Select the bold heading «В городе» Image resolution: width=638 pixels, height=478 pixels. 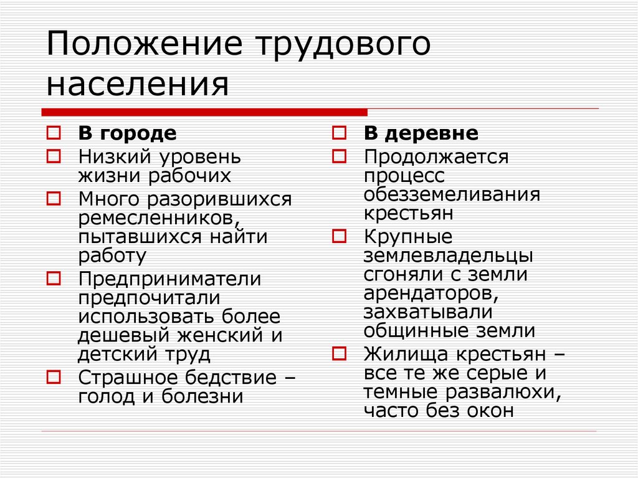pyautogui.click(x=127, y=133)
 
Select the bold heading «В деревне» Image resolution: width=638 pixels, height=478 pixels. pyautogui.click(x=421, y=133)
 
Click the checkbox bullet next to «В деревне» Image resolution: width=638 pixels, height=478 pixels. pyautogui.click(x=339, y=133)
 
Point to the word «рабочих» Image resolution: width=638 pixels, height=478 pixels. pyautogui.click(x=189, y=175)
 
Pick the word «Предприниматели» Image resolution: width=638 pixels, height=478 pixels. pyautogui.click(x=169, y=279)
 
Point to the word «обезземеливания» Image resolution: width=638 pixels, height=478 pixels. pyautogui.click(x=452, y=194)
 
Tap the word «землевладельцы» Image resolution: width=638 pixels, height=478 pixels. pyautogui.click(x=448, y=256)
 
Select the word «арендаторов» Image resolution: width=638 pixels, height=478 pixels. pyautogui.click(x=430, y=292)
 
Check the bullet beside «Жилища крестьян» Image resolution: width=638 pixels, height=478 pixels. pyautogui.click(x=339, y=354)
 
